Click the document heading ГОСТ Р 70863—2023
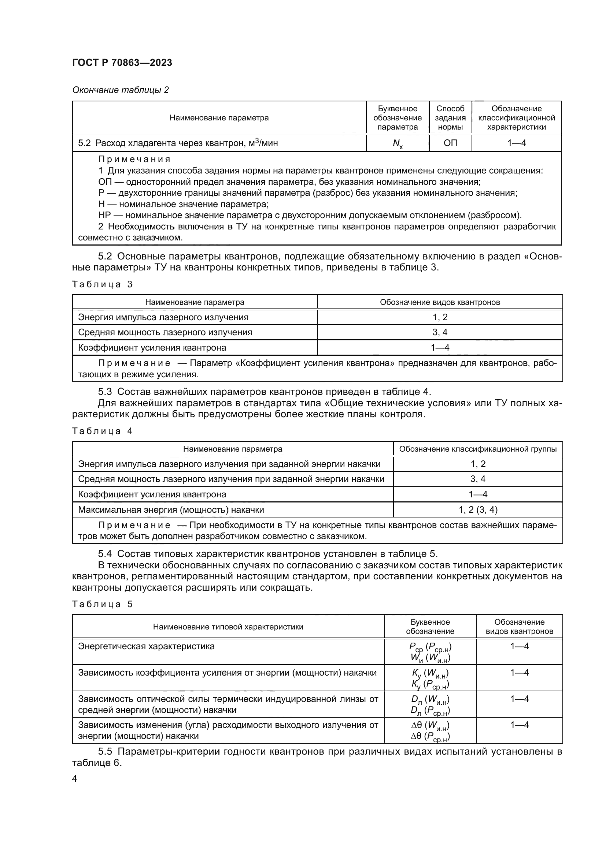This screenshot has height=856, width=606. (122, 63)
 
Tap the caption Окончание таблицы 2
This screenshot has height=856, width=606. (120, 90)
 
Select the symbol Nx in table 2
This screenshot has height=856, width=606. (398, 143)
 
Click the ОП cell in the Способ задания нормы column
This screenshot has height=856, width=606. (450, 143)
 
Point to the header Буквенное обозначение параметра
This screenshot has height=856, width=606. (398, 118)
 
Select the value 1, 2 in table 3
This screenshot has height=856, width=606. (440, 317)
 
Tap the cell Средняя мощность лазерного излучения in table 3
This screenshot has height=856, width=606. (165, 332)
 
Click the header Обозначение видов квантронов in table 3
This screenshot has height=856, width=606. (440, 302)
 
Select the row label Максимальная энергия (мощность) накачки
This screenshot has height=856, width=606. (171, 510)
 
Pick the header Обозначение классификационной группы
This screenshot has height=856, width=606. (478, 449)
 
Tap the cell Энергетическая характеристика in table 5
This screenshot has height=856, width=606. (146, 646)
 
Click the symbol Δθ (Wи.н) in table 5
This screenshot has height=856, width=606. (430, 725)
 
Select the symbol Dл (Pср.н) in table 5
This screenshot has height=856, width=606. (430, 711)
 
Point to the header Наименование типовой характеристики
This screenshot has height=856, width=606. (228, 627)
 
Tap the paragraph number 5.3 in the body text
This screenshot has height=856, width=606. (105, 392)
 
